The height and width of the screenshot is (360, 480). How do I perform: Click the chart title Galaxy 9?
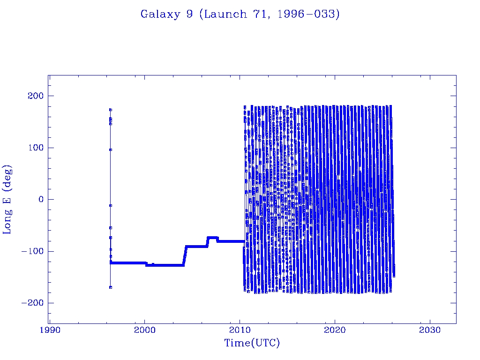(x=240, y=14)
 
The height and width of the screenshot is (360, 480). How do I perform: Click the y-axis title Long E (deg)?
(x=7, y=200)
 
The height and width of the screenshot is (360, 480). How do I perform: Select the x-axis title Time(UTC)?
(x=252, y=343)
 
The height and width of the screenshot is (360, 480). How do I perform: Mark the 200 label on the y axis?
(x=35, y=96)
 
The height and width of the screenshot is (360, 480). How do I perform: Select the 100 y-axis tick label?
(x=35, y=148)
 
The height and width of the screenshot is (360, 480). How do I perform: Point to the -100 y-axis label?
(x=32, y=251)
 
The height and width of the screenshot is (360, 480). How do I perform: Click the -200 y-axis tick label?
(x=32, y=303)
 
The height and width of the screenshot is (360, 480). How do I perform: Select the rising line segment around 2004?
(x=185, y=255)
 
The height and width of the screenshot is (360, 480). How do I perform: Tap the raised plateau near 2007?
(x=212, y=238)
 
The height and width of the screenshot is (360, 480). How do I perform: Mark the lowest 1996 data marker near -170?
(x=111, y=287)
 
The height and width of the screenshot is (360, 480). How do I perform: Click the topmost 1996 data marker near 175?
(x=111, y=110)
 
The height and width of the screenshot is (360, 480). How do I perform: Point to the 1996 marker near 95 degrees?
(x=111, y=150)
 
